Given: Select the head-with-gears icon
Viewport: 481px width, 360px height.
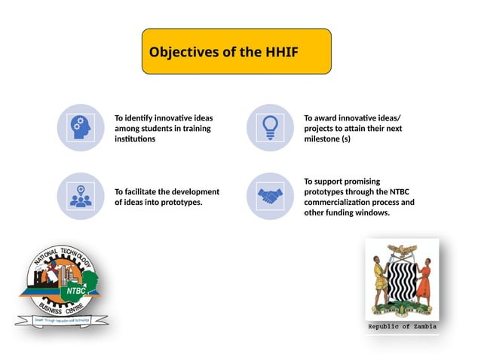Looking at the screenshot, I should (x=80, y=127).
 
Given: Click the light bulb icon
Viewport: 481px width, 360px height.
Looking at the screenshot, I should (x=269, y=127).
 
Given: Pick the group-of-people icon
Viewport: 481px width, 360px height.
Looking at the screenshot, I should (x=80, y=197).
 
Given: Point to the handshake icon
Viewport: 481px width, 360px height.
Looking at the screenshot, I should (x=269, y=197).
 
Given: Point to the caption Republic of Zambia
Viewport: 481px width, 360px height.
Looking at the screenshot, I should (x=402, y=328).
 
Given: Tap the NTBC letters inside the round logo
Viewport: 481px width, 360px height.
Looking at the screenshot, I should (x=76, y=288).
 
